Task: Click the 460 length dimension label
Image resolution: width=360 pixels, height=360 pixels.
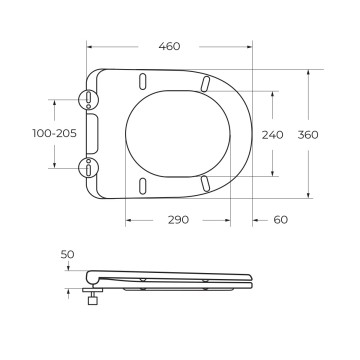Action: point(169,46)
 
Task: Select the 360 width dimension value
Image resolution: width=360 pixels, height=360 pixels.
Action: point(308,135)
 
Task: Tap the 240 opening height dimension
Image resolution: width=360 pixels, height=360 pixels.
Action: point(272,135)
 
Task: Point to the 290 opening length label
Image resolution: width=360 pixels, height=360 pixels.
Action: point(178,220)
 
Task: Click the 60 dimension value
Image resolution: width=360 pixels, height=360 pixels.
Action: point(281,220)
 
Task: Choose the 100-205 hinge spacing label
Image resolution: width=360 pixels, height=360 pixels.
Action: point(54,133)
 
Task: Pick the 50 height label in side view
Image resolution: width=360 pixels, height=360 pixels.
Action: point(67,255)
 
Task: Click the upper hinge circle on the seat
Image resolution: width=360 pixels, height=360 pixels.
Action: point(89,99)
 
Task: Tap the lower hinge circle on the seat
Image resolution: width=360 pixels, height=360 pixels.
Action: point(89,168)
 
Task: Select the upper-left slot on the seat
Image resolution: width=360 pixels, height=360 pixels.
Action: point(142,81)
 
